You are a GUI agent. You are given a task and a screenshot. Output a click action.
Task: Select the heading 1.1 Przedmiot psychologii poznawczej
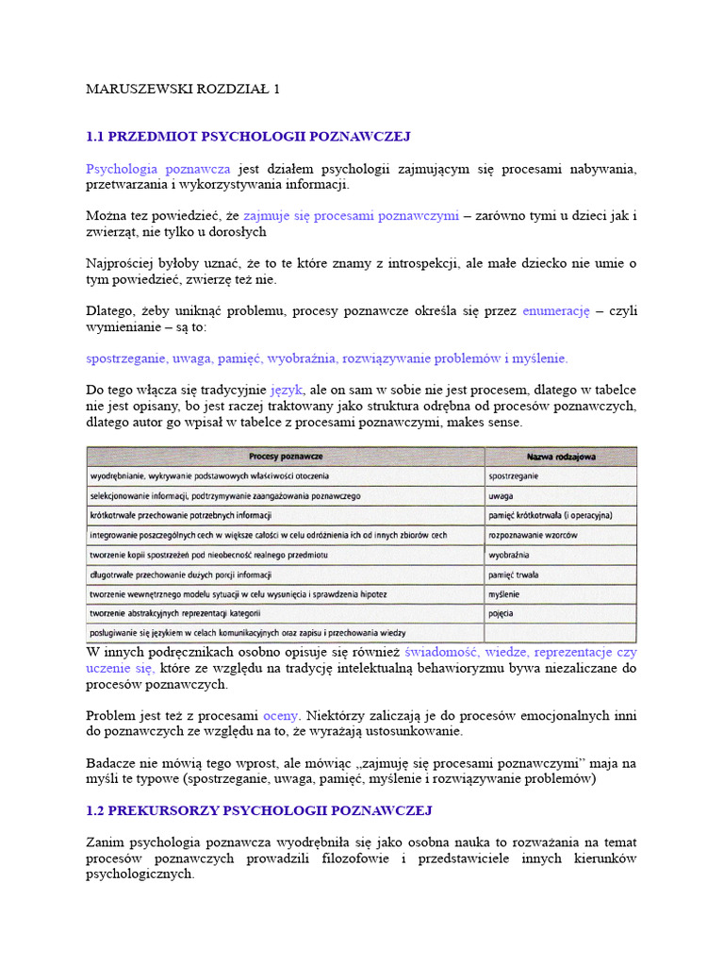pos(248,137)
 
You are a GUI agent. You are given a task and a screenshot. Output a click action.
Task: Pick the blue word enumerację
pos(555,310)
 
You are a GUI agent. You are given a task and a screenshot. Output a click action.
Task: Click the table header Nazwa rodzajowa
pos(561,457)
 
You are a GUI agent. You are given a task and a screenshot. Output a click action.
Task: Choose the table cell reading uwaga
pos(501,495)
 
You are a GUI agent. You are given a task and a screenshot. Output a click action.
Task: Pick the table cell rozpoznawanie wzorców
pos(533,535)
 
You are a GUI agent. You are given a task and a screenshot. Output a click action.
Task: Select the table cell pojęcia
pos(502,613)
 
